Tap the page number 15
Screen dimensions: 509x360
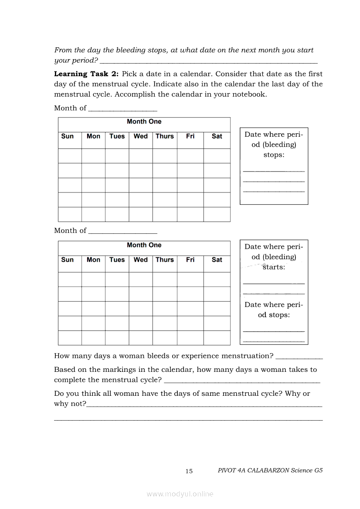189,471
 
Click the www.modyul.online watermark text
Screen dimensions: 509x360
180,494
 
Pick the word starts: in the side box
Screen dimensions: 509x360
274,267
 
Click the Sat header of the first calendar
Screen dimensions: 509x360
217,136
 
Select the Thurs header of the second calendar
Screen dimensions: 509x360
165,260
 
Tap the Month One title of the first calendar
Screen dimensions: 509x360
144,121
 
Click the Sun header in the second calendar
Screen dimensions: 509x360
68,260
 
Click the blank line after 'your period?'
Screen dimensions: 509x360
208,63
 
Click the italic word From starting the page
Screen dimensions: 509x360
63,50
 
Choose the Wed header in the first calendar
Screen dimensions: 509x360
140,136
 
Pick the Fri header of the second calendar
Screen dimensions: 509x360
190,260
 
